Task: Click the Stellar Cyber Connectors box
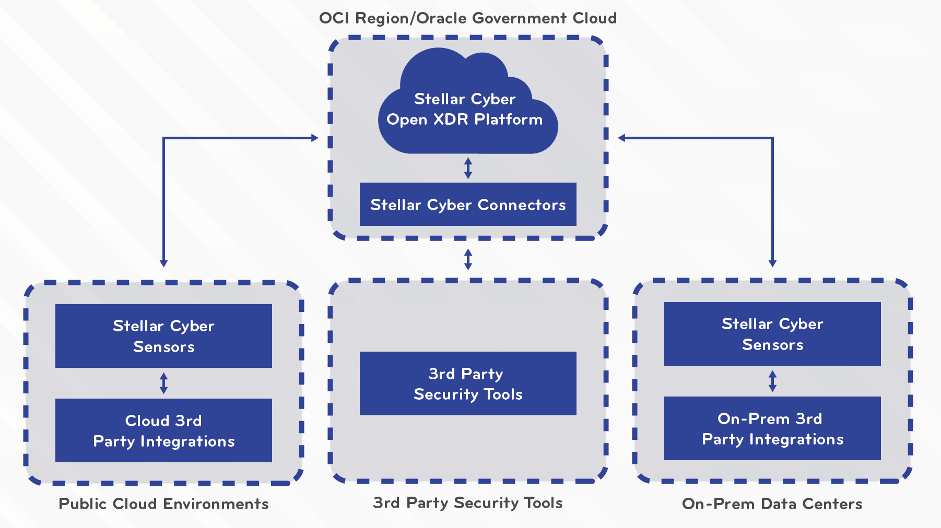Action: [x=468, y=205]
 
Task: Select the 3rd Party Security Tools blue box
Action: [x=468, y=383]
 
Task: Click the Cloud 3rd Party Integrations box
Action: [x=163, y=430]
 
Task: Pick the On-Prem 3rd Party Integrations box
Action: [x=772, y=428]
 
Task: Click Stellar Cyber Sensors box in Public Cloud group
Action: [x=163, y=336]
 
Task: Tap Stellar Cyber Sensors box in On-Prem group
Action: [x=772, y=334]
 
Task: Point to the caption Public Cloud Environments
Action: [x=163, y=503]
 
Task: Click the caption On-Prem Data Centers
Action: [x=772, y=503]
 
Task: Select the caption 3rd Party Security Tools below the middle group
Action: [x=468, y=502]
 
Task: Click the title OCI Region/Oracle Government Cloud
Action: [x=468, y=18]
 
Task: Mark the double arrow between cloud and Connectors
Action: [x=468, y=168]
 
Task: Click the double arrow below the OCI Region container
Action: [x=468, y=259]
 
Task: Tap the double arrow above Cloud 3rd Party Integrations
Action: [x=163, y=383]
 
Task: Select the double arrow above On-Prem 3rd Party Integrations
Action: [x=772, y=381]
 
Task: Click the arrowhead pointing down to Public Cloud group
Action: [x=163, y=263]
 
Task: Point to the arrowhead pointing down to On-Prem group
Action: [x=772, y=263]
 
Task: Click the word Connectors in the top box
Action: [x=522, y=205]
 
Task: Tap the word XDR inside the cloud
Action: [x=451, y=119]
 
